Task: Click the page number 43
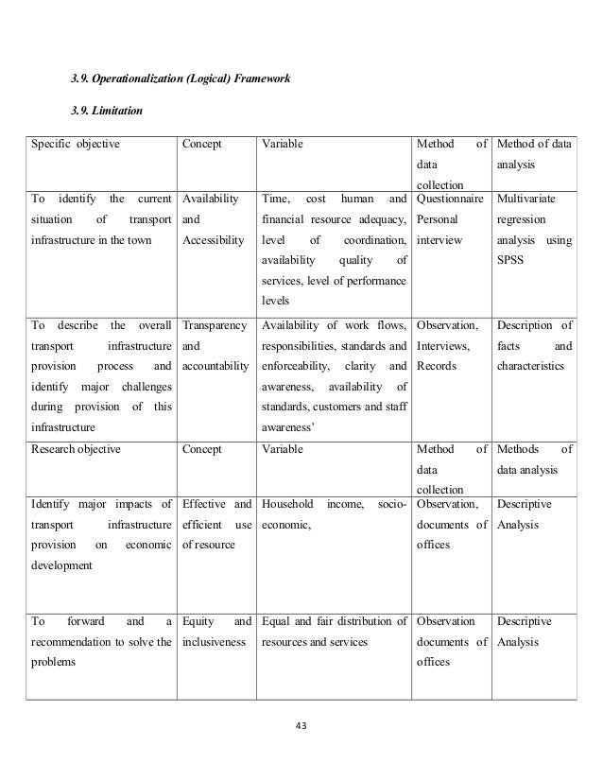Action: [x=301, y=727]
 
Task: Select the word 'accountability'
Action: [x=216, y=365]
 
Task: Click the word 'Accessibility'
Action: [x=215, y=240]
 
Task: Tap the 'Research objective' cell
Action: [x=77, y=449]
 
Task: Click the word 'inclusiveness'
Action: [x=215, y=642]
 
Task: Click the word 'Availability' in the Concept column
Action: [x=212, y=200]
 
